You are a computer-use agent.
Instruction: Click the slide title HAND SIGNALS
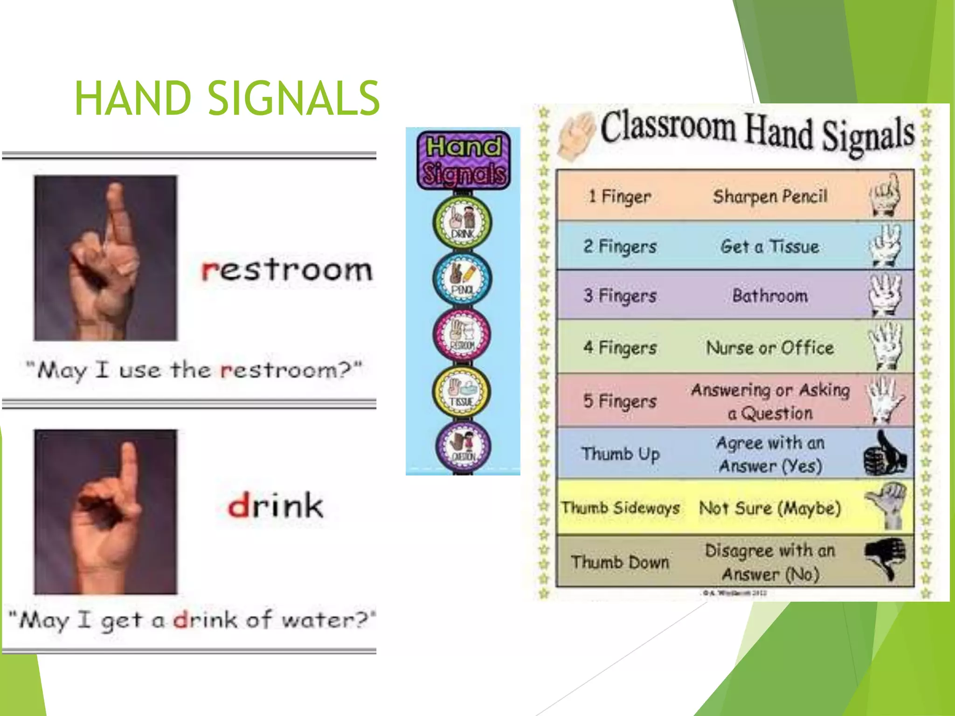point(227,98)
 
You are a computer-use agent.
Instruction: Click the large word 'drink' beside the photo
point(275,505)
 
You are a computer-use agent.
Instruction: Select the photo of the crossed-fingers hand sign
point(105,258)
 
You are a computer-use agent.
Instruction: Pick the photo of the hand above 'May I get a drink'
point(105,511)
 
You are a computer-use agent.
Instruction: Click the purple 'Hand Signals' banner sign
point(463,160)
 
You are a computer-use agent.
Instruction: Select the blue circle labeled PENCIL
point(462,279)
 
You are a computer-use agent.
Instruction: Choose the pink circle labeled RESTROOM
point(462,334)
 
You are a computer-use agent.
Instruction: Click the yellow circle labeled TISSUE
point(462,391)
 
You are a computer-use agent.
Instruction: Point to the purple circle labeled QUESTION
point(463,445)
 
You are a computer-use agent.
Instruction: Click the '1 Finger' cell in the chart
point(619,196)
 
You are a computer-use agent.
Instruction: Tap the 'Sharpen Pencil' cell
point(770,196)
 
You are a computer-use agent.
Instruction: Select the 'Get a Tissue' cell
point(770,246)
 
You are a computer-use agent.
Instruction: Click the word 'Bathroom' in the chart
point(770,296)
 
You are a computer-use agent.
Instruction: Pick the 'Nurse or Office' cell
point(770,348)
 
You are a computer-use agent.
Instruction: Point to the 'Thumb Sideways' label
point(620,507)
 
